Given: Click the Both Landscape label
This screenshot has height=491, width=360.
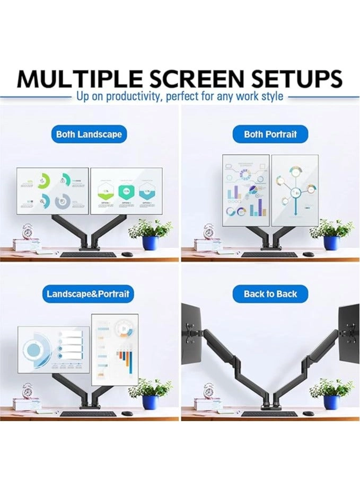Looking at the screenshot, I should click(x=89, y=134).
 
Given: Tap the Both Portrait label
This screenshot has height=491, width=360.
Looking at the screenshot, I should click(x=270, y=134).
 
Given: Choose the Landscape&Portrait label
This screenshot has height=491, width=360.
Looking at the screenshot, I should click(x=88, y=293).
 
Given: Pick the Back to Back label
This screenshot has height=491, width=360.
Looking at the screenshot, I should click(x=270, y=293).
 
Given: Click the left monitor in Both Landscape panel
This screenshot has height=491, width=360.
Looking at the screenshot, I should click(x=52, y=191).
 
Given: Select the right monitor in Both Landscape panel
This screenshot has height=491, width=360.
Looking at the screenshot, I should click(x=126, y=191).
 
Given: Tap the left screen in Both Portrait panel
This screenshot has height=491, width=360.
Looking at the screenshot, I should click(x=245, y=190).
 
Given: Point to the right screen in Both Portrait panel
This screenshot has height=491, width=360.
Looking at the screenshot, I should click(x=295, y=190).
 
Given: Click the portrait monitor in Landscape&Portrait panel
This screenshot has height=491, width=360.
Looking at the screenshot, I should click(x=115, y=349).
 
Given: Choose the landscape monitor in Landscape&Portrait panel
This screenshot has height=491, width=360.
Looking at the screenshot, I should click(x=54, y=349).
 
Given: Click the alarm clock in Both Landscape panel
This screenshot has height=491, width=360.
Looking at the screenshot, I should click(x=28, y=231).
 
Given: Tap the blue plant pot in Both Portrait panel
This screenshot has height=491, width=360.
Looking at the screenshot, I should click(x=331, y=243).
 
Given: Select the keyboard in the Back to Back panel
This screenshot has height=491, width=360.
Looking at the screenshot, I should click(x=269, y=414).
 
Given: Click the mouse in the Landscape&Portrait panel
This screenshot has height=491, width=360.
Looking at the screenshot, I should click(x=127, y=413).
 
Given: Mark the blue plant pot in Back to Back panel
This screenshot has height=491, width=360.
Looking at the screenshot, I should click(x=331, y=402).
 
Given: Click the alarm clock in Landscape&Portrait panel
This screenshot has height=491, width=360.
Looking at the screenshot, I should click(x=28, y=391).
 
